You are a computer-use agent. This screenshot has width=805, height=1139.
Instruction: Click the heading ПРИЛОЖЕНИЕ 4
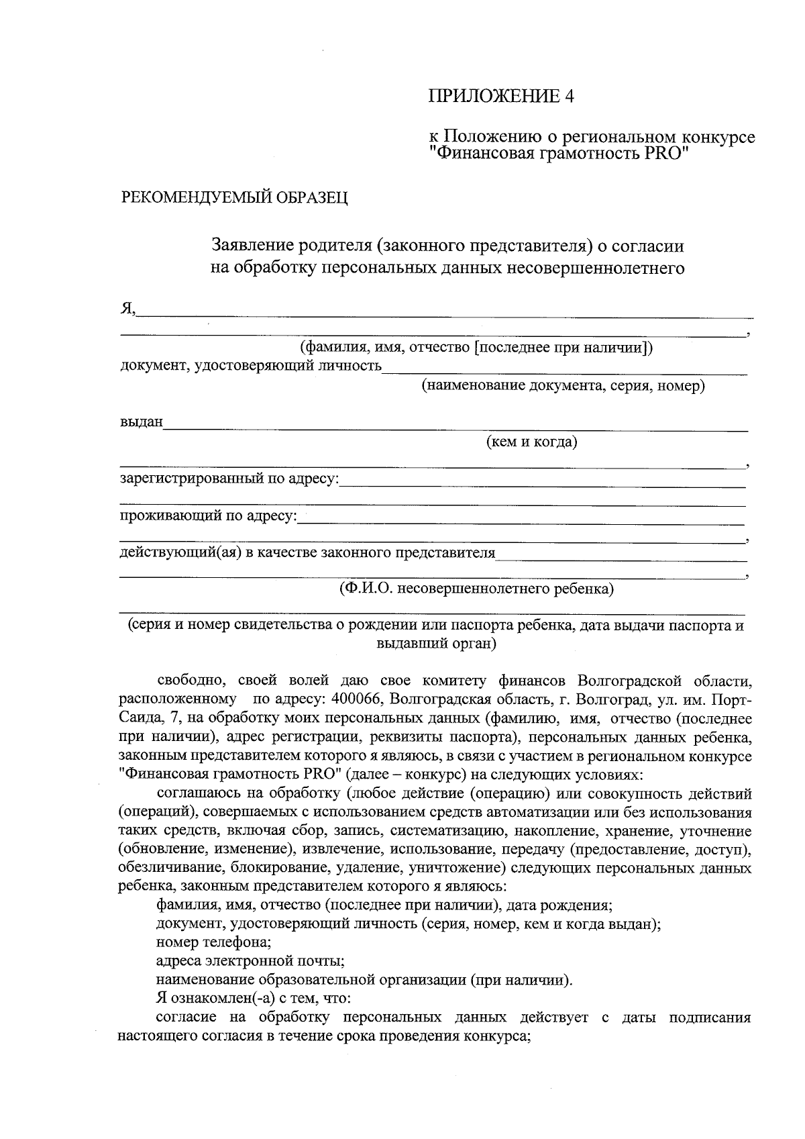(x=501, y=97)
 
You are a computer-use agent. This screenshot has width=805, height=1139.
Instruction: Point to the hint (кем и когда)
(x=531, y=442)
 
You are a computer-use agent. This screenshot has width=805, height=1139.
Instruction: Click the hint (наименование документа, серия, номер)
(x=563, y=386)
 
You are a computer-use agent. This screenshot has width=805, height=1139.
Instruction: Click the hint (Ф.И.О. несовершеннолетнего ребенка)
(x=476, y=589)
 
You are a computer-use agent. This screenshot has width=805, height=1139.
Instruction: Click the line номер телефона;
(x=213, y=942)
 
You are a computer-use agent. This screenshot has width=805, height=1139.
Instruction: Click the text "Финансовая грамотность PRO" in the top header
(x=559, y=154)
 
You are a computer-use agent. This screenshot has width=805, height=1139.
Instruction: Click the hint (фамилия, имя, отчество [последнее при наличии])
(x=476, y=348)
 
